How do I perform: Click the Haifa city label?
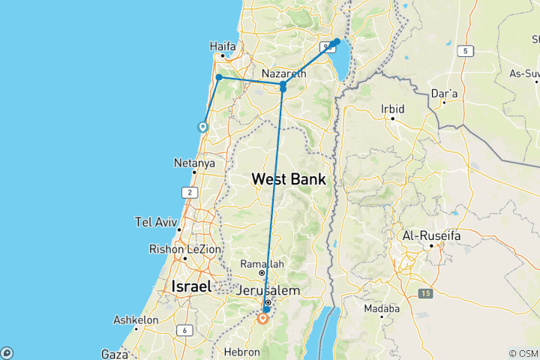click(x=223, y=46)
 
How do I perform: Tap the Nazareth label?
click(x=284, y=73)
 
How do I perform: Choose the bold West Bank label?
click(x=289, y=179)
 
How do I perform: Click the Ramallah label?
click(x=262, y=264)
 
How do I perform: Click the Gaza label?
click(x=115, y=352)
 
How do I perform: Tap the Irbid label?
click(x=392, y=109)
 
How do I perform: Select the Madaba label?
click(x=381, y=308)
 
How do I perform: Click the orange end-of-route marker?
click(x=262, y=319)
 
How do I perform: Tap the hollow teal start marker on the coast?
click(x=202, y=127)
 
